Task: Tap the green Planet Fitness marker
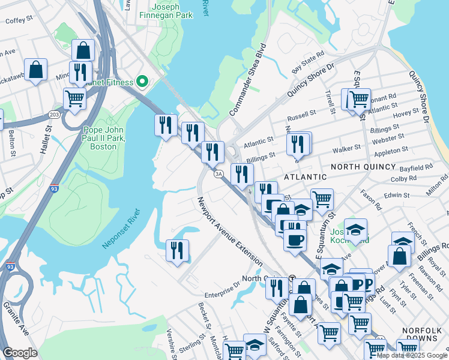[x=142, y=81]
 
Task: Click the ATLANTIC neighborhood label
[x=305, y=177]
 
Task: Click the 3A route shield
[x=219, y=173]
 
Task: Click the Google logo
[x=20, y=352]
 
